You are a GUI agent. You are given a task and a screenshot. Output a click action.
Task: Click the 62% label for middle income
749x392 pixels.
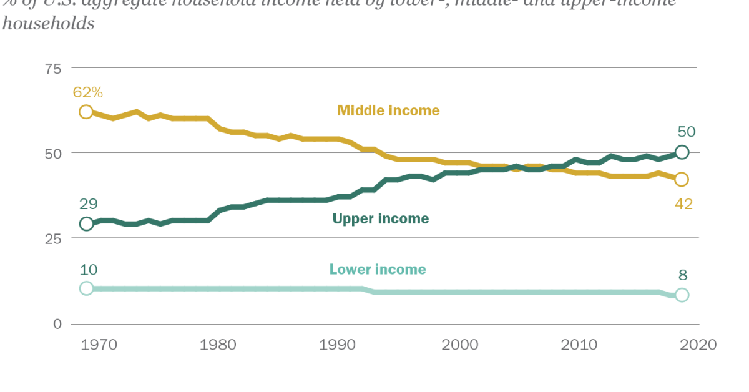tap(87, 92)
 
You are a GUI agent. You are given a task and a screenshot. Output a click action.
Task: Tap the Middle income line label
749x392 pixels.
tap(388, 110)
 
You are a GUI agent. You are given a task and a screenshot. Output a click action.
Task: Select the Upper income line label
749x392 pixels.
tap(381, 218)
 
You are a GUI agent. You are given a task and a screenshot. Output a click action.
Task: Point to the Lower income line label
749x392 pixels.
tap(378, 270)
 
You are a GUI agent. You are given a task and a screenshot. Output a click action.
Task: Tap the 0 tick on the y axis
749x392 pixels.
tap(57, 324)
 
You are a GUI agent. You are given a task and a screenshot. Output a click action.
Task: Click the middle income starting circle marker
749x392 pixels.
tap(86, 112)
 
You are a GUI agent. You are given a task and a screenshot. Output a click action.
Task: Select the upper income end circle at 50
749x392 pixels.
tap(682, 152)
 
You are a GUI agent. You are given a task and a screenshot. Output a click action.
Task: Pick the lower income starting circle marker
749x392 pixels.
tap(86, 288)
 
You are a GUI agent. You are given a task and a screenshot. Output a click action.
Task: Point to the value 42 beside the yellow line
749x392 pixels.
tap(683, 203)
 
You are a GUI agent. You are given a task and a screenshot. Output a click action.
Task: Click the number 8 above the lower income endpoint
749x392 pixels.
tap(682, 275)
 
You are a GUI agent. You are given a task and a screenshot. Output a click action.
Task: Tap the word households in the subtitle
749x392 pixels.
tap(49, 24)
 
